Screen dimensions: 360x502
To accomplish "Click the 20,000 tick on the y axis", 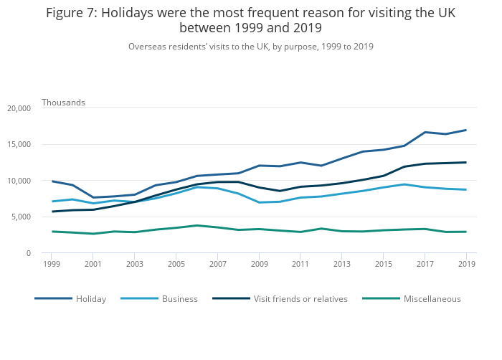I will (x=19, y=108).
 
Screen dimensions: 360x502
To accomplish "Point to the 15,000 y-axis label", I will (x=19, y=144).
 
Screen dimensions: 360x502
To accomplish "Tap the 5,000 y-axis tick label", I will (x=21, y=217).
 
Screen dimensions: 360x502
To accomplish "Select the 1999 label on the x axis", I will (x=51, y=264).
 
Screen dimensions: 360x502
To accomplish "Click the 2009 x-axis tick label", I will (x=259, y=264).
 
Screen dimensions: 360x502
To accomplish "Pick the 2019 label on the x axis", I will (x=467, y=264).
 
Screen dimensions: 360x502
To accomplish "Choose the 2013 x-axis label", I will (x=342, y=264).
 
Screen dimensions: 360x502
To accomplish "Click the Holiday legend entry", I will (x=90, y=299).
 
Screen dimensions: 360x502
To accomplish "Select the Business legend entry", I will (x=179, y=299).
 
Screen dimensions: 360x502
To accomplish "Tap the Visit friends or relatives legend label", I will (x=300, y=299).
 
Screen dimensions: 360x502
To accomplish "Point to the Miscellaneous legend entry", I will (x=432, y=299).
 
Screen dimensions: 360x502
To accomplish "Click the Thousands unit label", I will (x=63, y=103).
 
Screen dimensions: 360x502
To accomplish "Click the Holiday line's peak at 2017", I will (x=425, y=132).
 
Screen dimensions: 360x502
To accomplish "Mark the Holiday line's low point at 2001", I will (x=93, y=197).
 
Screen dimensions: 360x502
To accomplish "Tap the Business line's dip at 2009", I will (x=259, y=202).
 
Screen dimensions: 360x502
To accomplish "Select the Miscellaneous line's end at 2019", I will (x=467, y=232).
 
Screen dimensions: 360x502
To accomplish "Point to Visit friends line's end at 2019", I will (x=467, y=162).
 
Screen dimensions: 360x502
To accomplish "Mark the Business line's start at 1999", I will (x=51, y=202).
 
